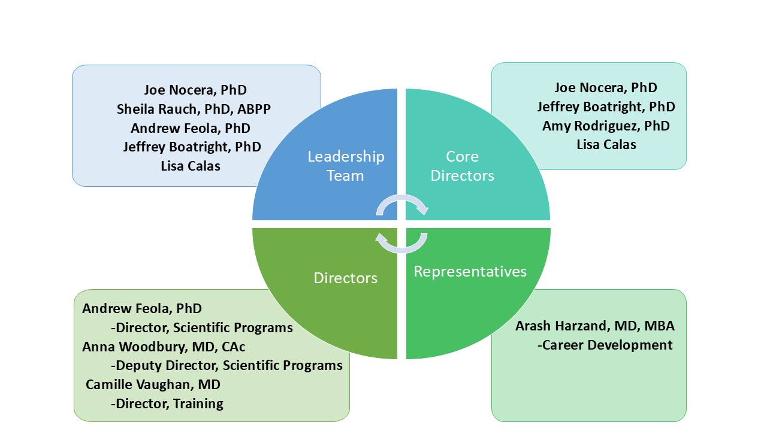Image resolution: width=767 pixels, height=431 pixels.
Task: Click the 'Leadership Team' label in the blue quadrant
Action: (346, 166)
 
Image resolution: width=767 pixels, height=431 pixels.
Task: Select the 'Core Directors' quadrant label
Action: (462, 166)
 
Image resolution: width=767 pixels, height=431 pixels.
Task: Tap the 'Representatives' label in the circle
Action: (470, 272)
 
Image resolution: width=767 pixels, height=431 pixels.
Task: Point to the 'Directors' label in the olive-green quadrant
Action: (346, 278)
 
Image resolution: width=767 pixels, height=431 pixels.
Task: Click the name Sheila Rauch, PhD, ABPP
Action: (194, 110)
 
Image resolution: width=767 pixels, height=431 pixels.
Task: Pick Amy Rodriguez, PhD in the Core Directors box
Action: (606, 126)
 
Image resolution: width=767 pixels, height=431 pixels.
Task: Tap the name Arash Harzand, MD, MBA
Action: (595, 326)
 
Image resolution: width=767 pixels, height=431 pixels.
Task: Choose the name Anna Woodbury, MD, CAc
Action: (164, 347)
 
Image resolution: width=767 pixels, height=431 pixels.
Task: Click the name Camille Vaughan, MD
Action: (153, 384)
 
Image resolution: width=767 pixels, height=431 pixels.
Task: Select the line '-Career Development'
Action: (605, 345)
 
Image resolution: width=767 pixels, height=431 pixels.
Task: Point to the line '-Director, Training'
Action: (167, 404)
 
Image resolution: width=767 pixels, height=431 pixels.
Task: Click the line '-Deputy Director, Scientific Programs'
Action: (227, 366)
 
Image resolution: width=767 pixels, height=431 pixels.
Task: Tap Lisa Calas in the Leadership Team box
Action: (191, 166)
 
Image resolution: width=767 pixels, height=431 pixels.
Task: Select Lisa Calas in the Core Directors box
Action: (606, 145)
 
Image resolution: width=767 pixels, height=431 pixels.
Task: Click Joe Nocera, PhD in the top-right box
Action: (606, 88)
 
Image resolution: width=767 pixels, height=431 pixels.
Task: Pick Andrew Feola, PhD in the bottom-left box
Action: (142, 308)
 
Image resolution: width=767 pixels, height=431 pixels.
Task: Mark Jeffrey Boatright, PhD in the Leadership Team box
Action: (192, 147)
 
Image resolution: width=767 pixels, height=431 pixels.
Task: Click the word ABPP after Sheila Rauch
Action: (254, 110)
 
